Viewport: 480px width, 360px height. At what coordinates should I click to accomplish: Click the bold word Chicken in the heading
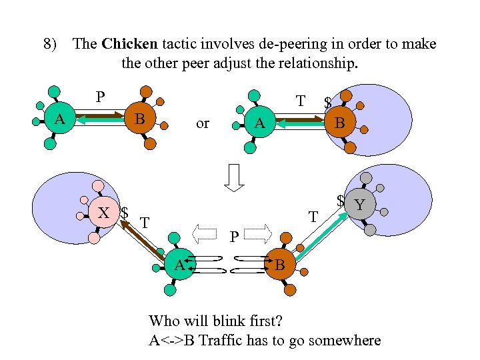tap(130, 45)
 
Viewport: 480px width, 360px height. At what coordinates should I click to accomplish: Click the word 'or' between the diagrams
tap(203, 123)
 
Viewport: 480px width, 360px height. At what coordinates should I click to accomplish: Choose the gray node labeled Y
tap(361, 204)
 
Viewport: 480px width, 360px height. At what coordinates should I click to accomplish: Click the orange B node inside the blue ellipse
tap(339, 123)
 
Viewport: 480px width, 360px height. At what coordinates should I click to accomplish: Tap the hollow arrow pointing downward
tap(233, 179)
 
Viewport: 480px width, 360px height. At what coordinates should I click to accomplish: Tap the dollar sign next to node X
tap(125, 213)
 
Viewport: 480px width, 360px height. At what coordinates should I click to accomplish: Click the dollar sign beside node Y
tap(340, 201)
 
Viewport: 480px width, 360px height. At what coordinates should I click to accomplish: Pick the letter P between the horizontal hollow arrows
tap(233, 236)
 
